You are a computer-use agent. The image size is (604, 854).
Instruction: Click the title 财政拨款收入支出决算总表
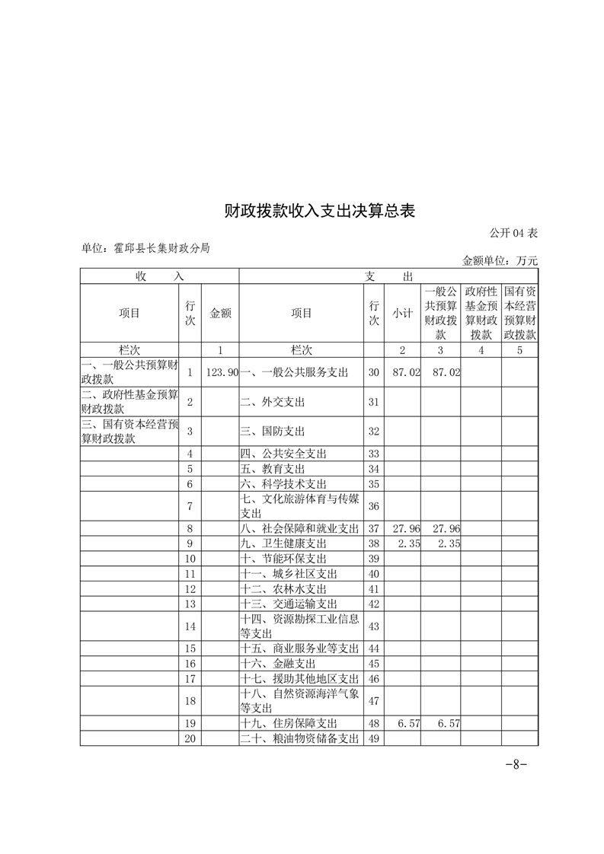319,211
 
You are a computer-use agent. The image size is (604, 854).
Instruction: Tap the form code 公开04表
513,232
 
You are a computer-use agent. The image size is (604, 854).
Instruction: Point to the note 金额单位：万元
500,260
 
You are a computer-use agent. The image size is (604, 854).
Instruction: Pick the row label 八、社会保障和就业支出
299,528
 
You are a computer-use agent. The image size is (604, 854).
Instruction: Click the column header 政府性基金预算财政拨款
481,313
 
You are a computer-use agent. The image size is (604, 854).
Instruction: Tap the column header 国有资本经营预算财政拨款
519,313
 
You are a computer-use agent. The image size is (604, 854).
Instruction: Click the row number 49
373,738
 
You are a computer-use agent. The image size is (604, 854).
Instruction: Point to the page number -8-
516,765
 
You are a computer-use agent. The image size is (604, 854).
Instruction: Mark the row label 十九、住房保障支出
289,723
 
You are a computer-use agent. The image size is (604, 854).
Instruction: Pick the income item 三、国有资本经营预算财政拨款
129,431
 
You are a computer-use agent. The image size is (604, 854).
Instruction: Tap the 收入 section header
159,276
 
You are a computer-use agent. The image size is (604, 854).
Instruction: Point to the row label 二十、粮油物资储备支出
299,738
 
